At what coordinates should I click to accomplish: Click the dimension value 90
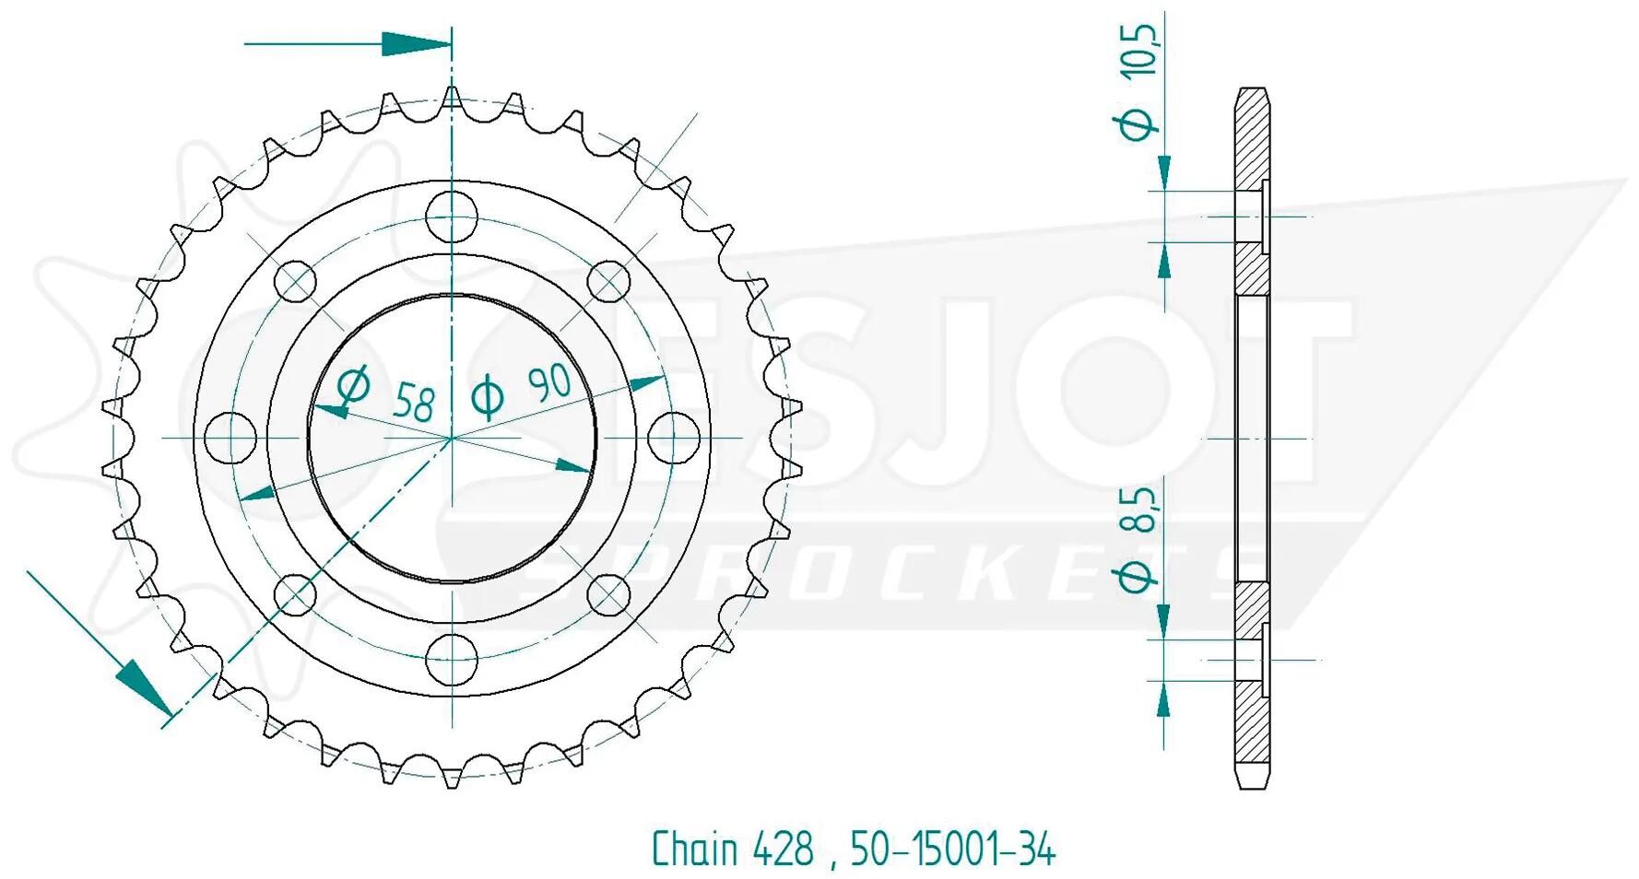(550, 382)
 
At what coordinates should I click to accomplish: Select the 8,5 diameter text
(1140, 511)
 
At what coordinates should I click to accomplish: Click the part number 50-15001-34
(952, 849)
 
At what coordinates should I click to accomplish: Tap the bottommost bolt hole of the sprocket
(452, 658)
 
